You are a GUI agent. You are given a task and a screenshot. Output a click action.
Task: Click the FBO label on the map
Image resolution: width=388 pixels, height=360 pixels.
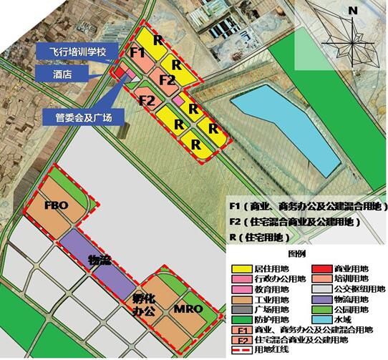click(x=57, y=205)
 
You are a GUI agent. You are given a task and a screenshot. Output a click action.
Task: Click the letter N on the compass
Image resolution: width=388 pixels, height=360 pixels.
click(x=352, y=10)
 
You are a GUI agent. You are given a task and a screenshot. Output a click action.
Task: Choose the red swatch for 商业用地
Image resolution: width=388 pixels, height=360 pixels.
click(x=311, y=267)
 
